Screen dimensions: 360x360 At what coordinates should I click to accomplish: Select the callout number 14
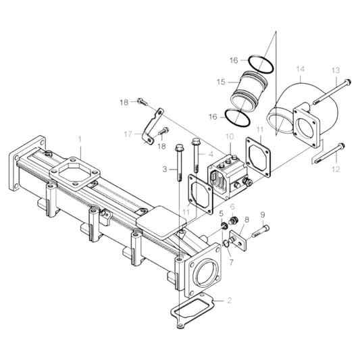[301, 70]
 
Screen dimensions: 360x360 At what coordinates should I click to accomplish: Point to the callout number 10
[230, 137]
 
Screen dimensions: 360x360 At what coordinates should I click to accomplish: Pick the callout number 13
[335, 70]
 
